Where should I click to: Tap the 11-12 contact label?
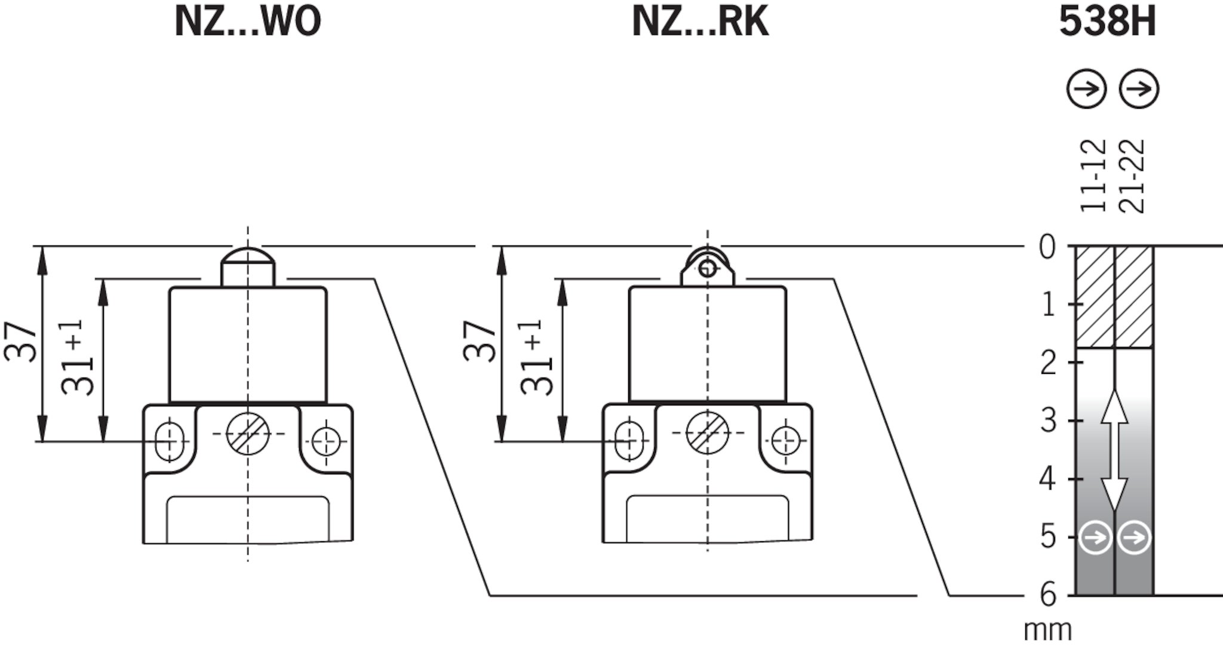pos(1094,176)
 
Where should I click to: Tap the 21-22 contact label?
pos(1132,176)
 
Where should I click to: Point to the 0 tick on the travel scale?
pos(1047,247)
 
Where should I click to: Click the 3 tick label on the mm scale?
pos(1049,421)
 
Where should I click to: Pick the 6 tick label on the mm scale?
pos(1048,594)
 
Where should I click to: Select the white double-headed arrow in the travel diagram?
pos(1114,451)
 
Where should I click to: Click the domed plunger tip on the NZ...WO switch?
pos(248,259)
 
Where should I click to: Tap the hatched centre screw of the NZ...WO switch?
pos(248,433)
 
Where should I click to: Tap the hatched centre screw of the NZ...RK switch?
pos(708,433)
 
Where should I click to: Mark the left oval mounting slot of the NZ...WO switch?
pos(169,442)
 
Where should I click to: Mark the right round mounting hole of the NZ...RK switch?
pos(785,442)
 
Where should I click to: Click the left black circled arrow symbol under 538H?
pos(1087,90)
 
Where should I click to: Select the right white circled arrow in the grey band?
pos(1134,538)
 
